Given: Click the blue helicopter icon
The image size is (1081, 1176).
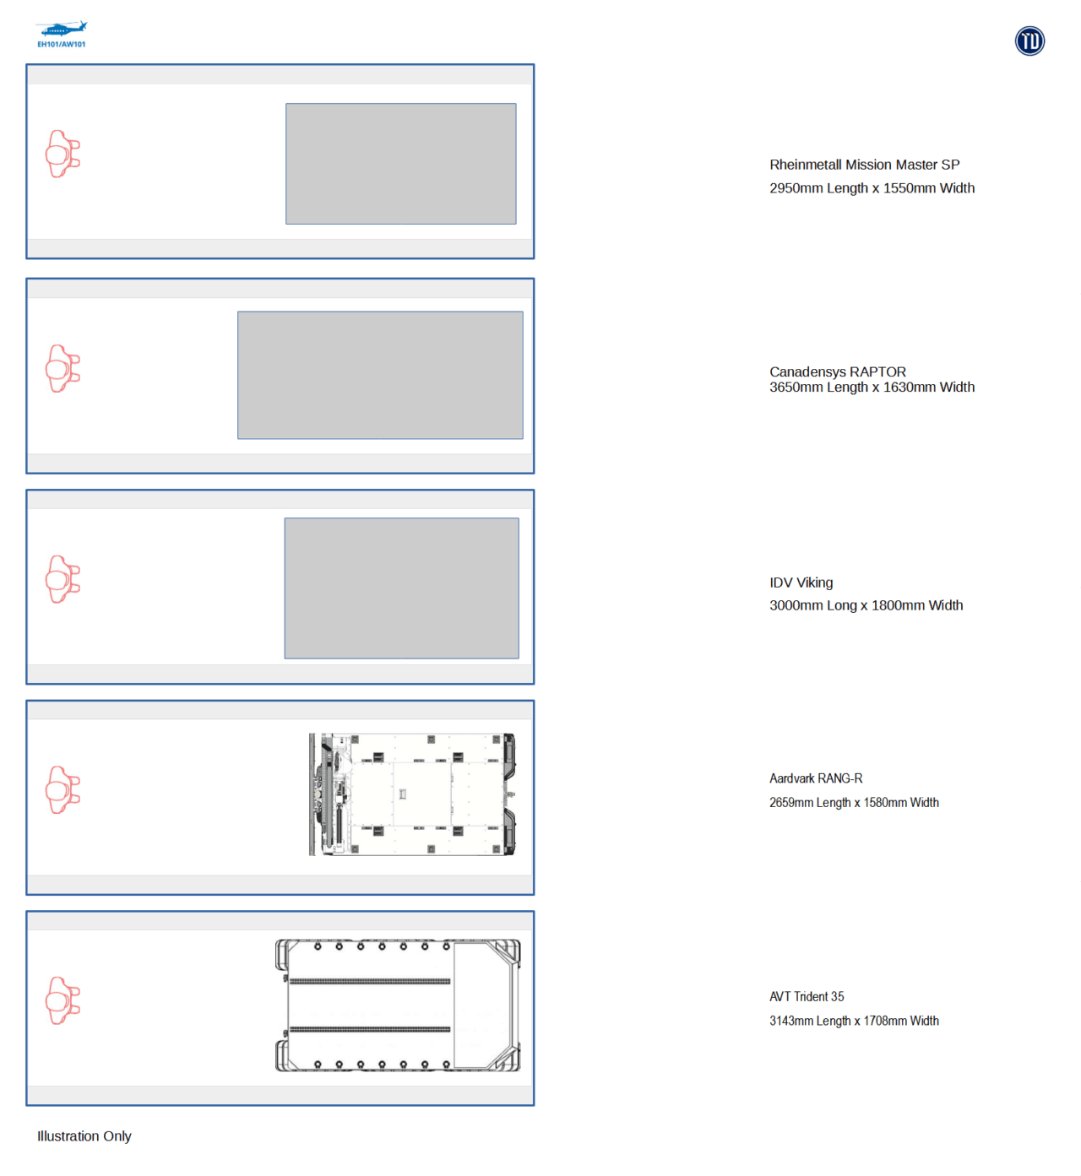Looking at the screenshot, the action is (x=62, y=29).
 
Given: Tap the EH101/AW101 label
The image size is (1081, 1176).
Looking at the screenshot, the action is (x=62, y=45).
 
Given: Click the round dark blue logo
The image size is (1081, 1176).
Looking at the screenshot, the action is (x=1029, y=41).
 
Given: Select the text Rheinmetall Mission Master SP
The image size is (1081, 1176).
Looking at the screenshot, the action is (x=864, y=165).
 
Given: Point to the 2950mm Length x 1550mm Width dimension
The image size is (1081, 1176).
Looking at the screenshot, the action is (x=872, y=188).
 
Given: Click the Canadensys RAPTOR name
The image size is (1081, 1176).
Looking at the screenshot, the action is (x=838, y=371).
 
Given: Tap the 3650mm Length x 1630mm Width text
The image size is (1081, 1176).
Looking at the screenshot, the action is (x=872, y=387).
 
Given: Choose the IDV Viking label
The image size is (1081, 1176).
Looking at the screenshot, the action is (x=801, y=583).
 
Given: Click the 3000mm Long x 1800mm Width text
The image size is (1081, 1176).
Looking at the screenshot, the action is (x=866, y=605).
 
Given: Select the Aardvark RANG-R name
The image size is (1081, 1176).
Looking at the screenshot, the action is (x=816, y=778).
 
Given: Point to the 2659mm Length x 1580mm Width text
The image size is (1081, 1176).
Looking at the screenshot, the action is (x=854, y=802).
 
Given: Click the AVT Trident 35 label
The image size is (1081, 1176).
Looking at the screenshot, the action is (x=807, y=996).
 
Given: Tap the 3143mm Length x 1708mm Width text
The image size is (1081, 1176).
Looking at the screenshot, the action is (x=854, y=1020).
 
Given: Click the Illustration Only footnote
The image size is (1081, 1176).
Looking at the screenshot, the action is (x=84, y=1135).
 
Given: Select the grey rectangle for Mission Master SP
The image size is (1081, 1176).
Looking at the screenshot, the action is (x=400, y=164).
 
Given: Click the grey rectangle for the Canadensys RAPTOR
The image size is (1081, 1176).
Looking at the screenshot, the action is (x=380, y=375).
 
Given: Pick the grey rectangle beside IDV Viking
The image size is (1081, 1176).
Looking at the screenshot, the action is (x=401, y=588).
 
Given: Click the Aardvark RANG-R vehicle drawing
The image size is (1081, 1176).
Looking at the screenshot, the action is (x=412, y=794).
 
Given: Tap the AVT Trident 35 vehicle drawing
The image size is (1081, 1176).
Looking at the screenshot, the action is (x=398, y=1005).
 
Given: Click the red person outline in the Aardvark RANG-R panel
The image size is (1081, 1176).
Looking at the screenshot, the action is (x=62, y=789).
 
